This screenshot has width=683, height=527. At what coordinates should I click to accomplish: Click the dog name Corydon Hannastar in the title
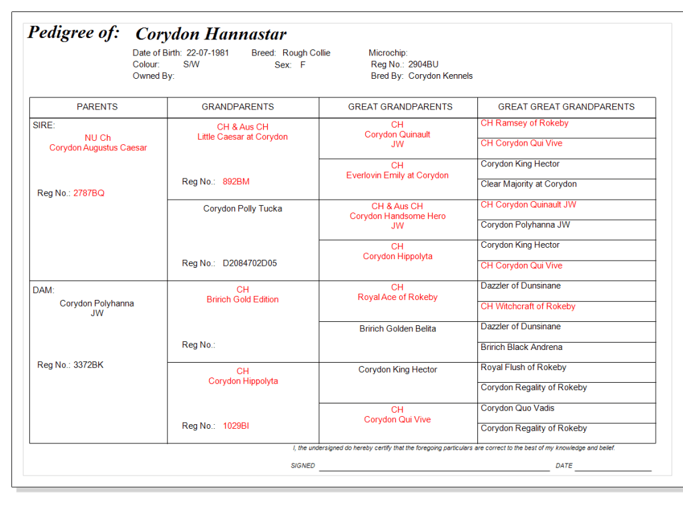[x=210, y=34]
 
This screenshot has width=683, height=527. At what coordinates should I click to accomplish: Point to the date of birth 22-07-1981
[x=207, y=53]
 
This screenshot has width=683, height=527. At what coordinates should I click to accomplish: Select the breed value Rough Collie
[x=306, y=53]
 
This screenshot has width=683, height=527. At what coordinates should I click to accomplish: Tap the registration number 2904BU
[x=423, y=65]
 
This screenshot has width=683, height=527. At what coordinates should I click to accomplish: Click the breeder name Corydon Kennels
[x=440, y=76]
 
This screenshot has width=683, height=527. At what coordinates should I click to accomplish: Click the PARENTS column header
[x=97, y=107]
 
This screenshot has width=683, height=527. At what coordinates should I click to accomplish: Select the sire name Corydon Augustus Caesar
[x=98, y=148]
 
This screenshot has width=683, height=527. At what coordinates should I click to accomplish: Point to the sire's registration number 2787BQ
[x=89, y=193]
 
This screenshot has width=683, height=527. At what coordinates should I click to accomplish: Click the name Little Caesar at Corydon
[x=242, y=137]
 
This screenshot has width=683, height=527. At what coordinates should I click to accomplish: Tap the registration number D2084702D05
[x=250, y=263]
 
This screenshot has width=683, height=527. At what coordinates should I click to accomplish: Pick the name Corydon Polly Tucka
[x=242, y=208]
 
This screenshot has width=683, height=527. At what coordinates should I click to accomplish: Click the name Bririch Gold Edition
[x=242, y=299]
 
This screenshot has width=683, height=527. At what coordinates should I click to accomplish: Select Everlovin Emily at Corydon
[x=397, y=176]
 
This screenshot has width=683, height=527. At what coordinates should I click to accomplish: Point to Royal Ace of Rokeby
[x=397, y=297]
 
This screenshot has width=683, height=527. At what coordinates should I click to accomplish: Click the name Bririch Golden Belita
[x=397, y=329]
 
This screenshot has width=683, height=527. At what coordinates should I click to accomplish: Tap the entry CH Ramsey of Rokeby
[x=524, y=123]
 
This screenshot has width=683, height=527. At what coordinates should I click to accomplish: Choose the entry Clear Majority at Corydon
[x=528, y=184]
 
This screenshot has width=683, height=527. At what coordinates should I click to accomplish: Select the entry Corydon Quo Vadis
[x=517, y=408]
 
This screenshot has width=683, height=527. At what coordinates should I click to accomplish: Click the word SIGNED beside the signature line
[x=302, y=466]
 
